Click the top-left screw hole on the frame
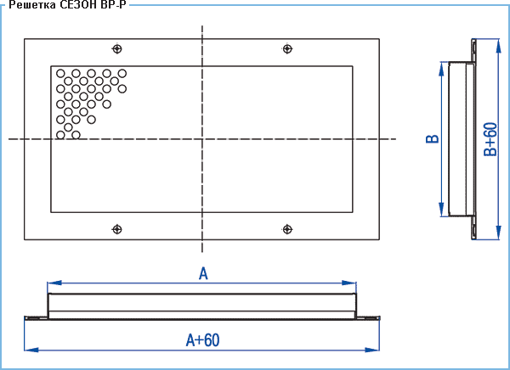coord(117,49)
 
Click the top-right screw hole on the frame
coord(287,49)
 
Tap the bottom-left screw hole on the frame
coord(117,229)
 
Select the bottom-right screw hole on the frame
coord(287,229)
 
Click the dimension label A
coord(203,273)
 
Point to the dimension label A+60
coord(202,340)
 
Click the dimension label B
coord(433,138)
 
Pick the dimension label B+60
coord(490,139)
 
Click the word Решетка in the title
coord(32,5)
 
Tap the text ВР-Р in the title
coord(113,5)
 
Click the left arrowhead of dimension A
coord(54,283)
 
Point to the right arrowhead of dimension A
coord(349,283)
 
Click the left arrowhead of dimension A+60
coord(31,350)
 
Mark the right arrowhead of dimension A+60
coord(372,350)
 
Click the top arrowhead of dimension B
coord(441,69)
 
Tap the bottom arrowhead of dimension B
coord(441,210)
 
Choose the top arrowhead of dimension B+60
coord(498,46)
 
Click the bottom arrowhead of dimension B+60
coord(498,233)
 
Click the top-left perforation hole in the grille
coord(60,74)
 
